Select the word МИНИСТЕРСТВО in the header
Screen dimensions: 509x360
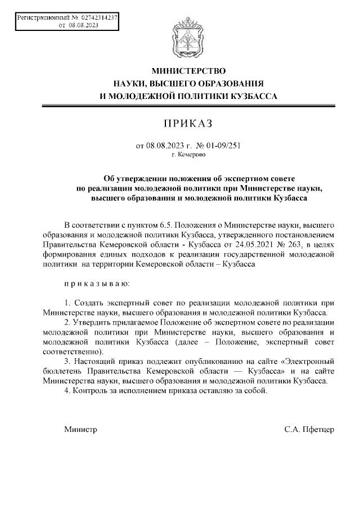(188, 71)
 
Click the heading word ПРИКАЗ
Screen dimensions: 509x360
(188, 123)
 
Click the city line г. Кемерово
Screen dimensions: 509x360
(188, 154)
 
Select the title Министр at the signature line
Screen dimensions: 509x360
(80, 430)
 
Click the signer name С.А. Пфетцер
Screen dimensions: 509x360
(309, 430)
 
